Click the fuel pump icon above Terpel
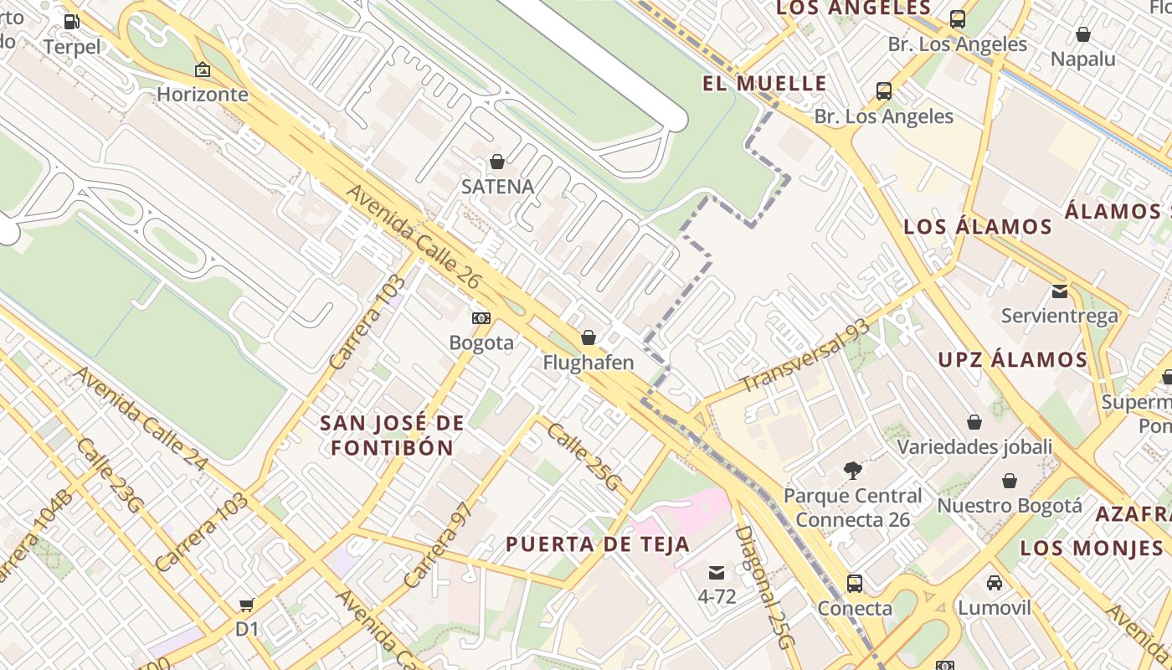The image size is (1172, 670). tap(71, 22)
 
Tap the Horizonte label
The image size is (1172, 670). tap(203, 94)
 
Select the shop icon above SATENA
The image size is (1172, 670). tap(497, 161)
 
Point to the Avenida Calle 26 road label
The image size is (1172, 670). tap(413, 237)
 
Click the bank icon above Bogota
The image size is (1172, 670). tap(481, 317)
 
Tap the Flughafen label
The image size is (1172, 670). tap(589, 363)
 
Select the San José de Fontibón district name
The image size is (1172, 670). tap(392, 435)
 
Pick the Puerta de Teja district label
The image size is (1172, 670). tap(598, 544)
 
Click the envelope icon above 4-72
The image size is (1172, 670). tap(717, 573)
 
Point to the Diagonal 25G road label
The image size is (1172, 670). tap(763, 587)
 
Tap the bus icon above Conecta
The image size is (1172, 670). tap(854, 583)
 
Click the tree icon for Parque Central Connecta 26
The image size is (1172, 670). tap(853, 471)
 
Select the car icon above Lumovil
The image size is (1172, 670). tap(995, 583)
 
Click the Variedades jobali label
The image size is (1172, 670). tap(974, 446)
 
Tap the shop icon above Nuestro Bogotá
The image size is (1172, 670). tap(1010, 481)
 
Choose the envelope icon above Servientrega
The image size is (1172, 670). tap(1060, 291)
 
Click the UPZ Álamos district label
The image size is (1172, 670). tap(1012, 360)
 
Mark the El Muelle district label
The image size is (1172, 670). tap(764, 84)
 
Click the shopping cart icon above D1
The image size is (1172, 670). tap(246, 604)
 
